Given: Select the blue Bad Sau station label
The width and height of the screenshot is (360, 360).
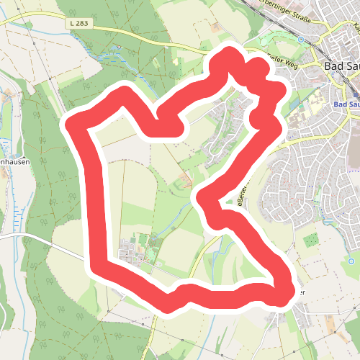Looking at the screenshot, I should (346, 105).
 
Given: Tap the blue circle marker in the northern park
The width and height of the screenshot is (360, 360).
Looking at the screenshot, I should (300, 40).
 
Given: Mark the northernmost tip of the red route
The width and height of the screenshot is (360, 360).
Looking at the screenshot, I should (230, 54).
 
